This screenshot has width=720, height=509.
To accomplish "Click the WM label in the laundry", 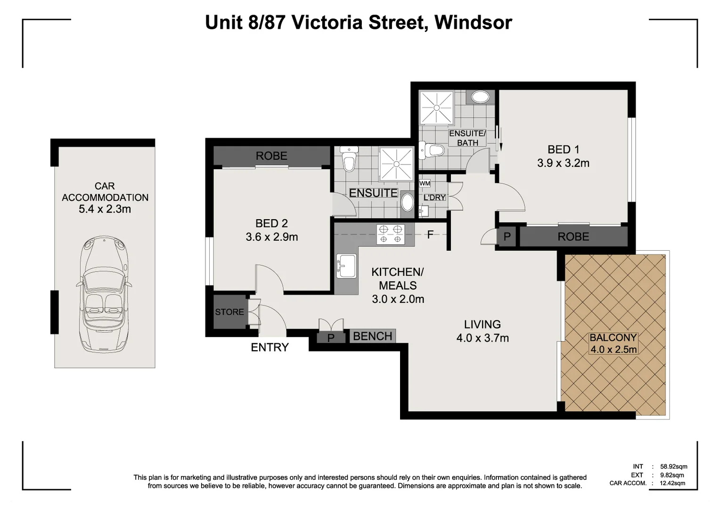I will (x=424, y=183).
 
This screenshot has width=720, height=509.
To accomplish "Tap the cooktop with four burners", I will (x=391, y=234).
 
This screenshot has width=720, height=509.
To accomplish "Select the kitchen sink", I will (x=346, y=266).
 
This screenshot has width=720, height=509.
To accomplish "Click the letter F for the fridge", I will (x=430, y=234).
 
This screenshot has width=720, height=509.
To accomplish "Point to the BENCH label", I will (x=372, y=336).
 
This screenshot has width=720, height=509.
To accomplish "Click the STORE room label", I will (x=229, y=312).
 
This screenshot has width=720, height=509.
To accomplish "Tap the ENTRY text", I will (x=270, y=347).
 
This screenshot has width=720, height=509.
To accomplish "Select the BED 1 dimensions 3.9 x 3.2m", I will (x=563, y=163).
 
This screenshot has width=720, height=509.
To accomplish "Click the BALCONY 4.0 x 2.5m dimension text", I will (x=613, y=350).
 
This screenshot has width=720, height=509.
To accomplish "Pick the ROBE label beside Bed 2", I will (x=271, y=156).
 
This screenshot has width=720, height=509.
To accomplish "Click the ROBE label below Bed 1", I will (x=573, y=237).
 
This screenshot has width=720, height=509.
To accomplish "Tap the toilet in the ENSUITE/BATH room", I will (x=433, y=150).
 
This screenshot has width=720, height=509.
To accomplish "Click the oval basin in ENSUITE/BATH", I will (x=480, y=98).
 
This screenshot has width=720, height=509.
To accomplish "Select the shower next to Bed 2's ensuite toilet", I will (x=396, y=164).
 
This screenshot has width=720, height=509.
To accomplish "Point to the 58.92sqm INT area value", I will (x=673, y=467).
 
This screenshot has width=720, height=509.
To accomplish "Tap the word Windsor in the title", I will (x=473, y=23).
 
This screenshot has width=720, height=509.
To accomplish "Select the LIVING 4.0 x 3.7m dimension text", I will (x=482, y=338).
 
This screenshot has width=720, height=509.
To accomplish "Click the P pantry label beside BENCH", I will (x=331, y=338).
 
